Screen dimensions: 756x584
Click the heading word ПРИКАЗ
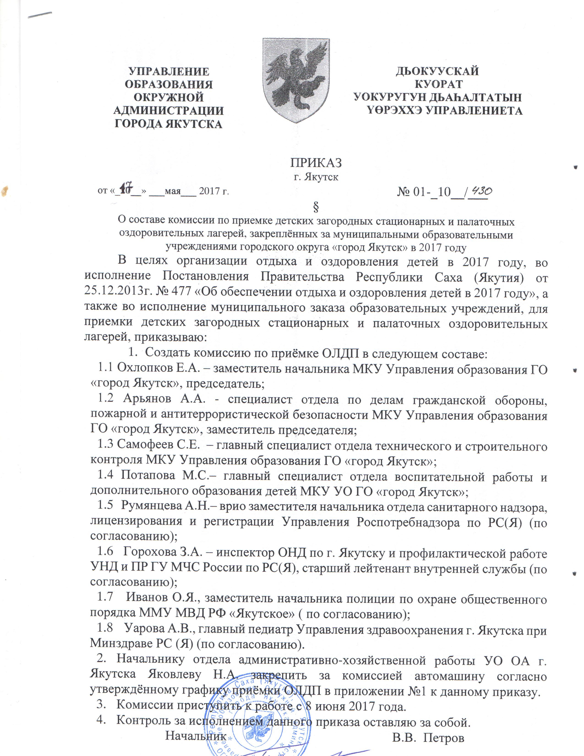pos(316,162)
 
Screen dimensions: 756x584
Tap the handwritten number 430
pos(480,191)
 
